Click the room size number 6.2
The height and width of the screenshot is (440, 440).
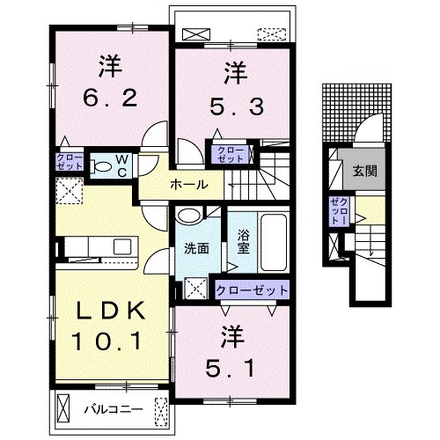pyautogui.click(x=110, y=99)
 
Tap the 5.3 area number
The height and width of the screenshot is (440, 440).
pyautogui.click(x=237, y=106)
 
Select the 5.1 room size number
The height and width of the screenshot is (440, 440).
pyautogui.click(x=230, y=369)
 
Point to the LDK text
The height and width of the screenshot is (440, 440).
pyautogui.click(x=111, y=311)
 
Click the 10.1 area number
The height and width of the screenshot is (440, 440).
pyautogui.click(x=107, y=341)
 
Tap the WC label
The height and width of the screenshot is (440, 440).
pyautogui.click(x=121, y=166)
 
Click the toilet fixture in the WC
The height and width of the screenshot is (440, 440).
pyautogui.click(x=100, y=166)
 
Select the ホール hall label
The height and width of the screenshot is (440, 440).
pyautogui.click(x=189, y=185)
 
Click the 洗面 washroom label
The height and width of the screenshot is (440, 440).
pyautogui.click(x=196, y=249)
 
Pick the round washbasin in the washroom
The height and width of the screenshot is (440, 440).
pyautogui.click(x=189, y=216)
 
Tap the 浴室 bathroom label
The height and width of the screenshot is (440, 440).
pyautogui.click(x=244, y=241)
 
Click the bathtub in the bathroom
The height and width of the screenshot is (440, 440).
pyautogui.click(x=274, y=243)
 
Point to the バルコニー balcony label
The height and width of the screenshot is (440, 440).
pyautogui.click(x=114, y=409)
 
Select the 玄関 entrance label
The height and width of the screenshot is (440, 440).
pyautogui.click(x=364, y=171)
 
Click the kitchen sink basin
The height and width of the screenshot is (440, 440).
pyautogui.click(x=122, y=246)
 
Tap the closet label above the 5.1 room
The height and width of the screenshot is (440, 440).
pyautogui.click(x=252, y=290)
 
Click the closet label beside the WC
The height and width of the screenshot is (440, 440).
pyautogui.click(x=70, y=162)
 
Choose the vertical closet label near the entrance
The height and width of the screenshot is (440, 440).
pyautogui.click(x=339, y=211)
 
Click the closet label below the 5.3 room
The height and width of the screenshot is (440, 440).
pyautogui.click(x=231, y=155)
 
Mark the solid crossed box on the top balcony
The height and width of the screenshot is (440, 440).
pyautogui.click(x=196, y=34)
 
